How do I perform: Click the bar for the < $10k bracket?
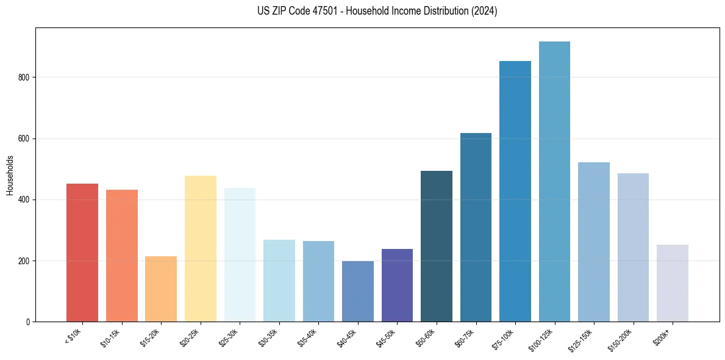[x=82, y=253]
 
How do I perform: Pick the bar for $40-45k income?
[x=358, y=291]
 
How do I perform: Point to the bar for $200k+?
[x=673, y=283]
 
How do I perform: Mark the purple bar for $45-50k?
[x=397, y=285]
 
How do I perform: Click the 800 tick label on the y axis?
[x=24, y=77]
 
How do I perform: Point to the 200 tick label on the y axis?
[x=24, y=261]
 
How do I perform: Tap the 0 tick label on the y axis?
[x=28, y=322]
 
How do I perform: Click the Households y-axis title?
[x=10, y=175]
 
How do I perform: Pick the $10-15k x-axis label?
[x=110, y=337]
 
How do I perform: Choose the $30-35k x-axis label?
[x=268, y=337]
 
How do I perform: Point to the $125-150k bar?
[x=594, y=242]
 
